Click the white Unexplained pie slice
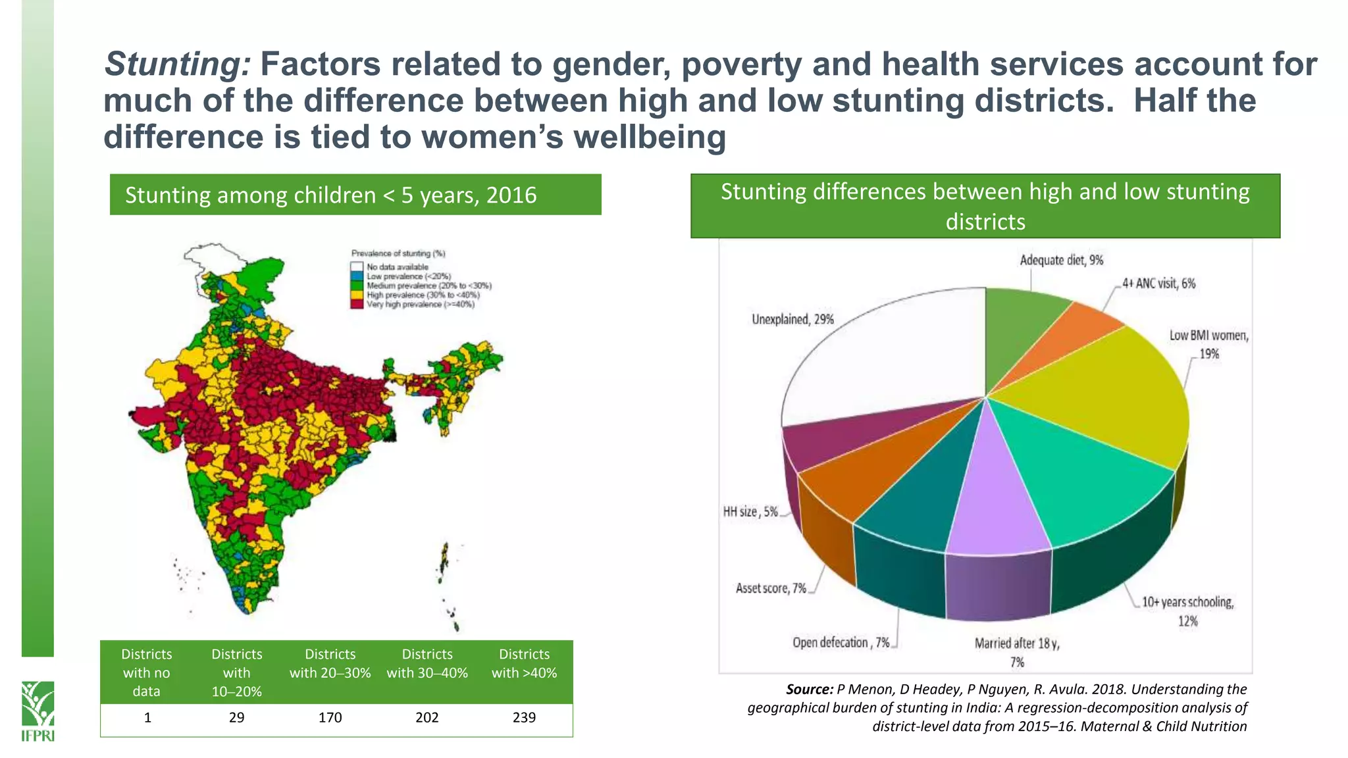(882, 355)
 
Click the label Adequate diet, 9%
(1061, 261)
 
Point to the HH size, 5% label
(750, 512)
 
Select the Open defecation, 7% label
(841, 643)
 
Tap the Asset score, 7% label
(771, 588)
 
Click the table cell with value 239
(524, 718)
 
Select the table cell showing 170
(330, 718)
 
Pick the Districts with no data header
(147, 672)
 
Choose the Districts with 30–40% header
(427, 663)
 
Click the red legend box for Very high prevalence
(357, 304)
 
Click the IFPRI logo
(38, 711)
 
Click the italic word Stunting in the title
(177, 64)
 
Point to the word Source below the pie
(809, 690)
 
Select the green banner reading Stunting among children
(355, 195)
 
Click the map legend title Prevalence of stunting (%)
(398, 253)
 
